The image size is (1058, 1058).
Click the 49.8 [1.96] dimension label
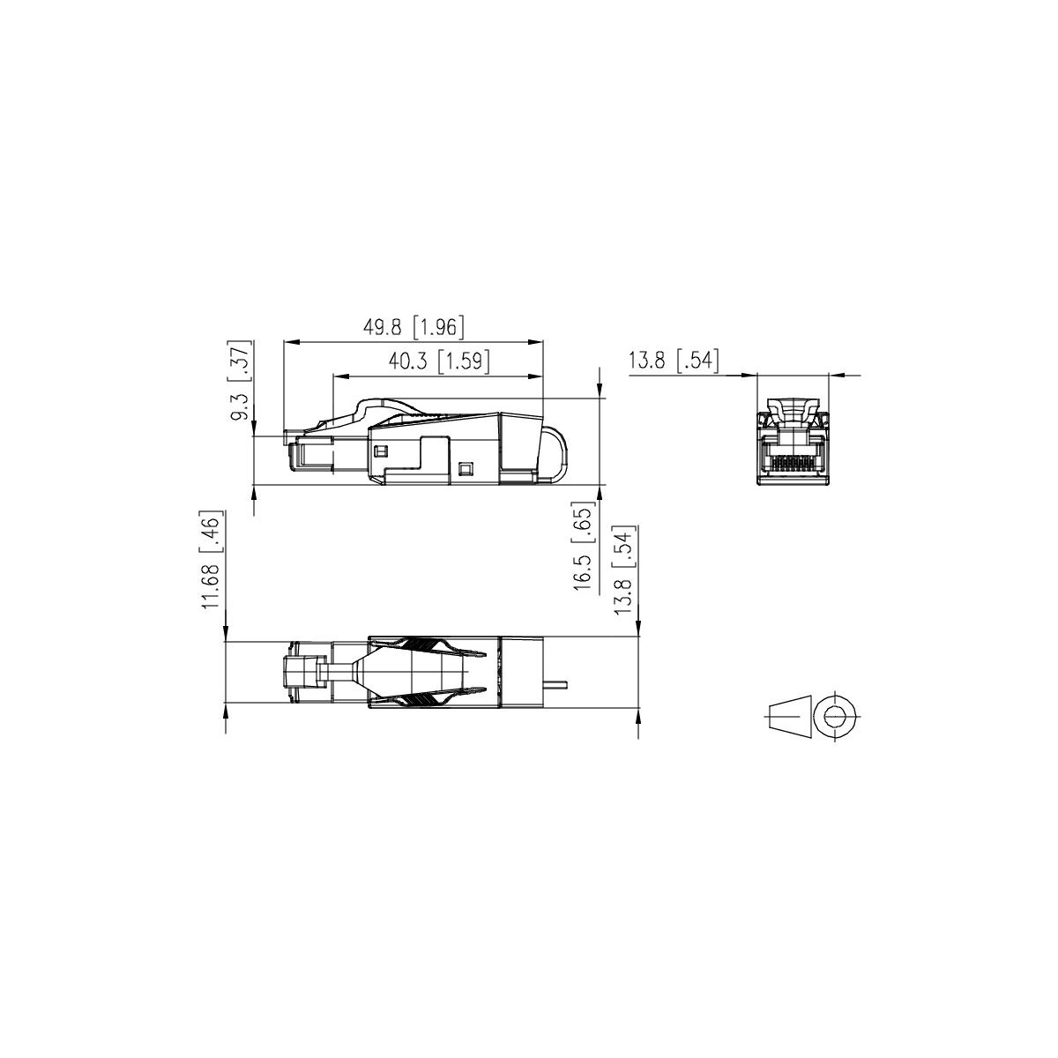click(414, 327)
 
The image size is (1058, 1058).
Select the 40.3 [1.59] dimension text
click(439, 361)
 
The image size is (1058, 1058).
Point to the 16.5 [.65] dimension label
click(584, 546)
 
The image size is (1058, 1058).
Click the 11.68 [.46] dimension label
click(212, 560)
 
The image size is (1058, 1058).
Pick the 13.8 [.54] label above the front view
click(673, 361)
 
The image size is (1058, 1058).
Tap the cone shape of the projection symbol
click(791, 716)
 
